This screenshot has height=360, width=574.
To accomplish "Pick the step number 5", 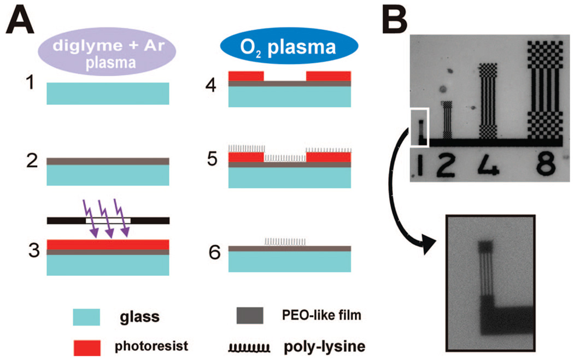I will pos(212,159).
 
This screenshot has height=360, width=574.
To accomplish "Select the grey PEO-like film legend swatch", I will pos(250,316).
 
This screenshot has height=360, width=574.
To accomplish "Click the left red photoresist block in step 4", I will pos(246,75).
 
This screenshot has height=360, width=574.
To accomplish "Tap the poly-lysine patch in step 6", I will pos(285,241).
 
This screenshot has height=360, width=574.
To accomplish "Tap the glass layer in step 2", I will pos(108,175).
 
